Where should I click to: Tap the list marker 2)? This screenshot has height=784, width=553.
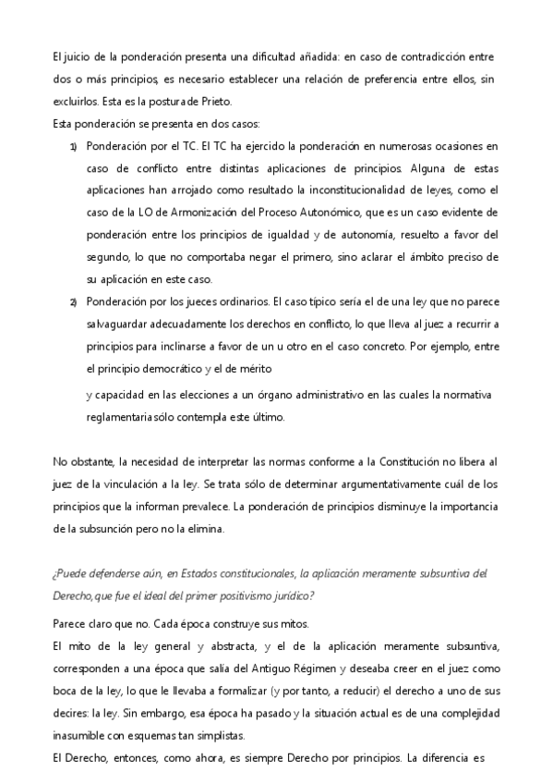[73, 302]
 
